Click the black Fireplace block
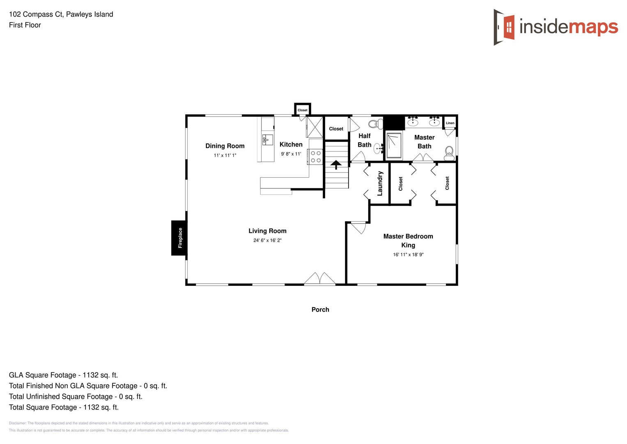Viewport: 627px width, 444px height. (x=179, y=238)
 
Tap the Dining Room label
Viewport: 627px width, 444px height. (x=225, y=146)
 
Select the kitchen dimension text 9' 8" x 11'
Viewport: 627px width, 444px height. (x=291, y=154)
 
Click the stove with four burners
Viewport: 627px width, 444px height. (x=315, y=157)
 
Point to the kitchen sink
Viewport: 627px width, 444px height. (x=267, y=140)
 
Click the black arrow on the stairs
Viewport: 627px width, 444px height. (x=336, y=164)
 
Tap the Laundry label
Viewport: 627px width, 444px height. (x=380, y=183)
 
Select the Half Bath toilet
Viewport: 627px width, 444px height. (x=375, y=124)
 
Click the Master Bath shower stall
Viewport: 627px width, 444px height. (x=394, y=145)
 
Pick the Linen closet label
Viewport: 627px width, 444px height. (x=450, y=123)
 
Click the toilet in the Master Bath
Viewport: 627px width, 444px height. (x=449, y=153)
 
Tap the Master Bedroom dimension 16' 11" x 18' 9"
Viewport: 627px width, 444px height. (x=408, y=254)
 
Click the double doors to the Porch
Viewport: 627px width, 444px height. (x=319, y=279)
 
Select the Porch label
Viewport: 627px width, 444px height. (x=320, y=310)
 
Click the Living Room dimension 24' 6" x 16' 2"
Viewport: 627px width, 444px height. (x=267, y=240)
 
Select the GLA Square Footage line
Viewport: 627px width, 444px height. (x=63, y=375)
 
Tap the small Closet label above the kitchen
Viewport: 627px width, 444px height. (x=302, y=110)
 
